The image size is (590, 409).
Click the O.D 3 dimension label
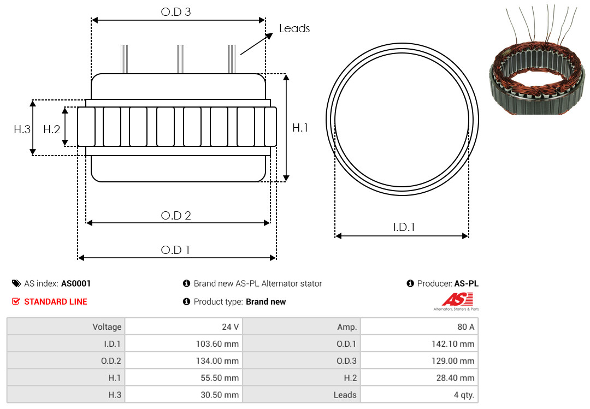tap(176, 11)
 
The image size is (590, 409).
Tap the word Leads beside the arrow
tap(294, 28)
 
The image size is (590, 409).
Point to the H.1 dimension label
tap(300, 128)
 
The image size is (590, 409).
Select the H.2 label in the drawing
tap(51, 129)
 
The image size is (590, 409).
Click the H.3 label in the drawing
tap(22, 129)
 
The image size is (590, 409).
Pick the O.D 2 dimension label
tap(176, 215)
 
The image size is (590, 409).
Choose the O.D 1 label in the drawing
tap(175, 250)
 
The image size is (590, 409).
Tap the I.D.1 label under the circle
tap(404, 227)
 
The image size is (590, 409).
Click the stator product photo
tap(538, 60)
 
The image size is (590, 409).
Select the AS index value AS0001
tap(75, 283)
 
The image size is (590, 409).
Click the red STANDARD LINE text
tap(56, 301)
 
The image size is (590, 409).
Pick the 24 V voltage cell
tap(184, 327)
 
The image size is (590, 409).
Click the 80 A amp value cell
tap(419, 327)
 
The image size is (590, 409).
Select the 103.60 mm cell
tap(184, 343)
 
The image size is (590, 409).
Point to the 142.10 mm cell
tap(419, 343)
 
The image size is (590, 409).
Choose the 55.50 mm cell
tap(184, 377)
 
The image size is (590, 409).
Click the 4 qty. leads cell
tap(419, 394)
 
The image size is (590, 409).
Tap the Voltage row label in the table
tap(107, 327)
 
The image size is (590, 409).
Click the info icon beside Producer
tap(410, 283)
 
